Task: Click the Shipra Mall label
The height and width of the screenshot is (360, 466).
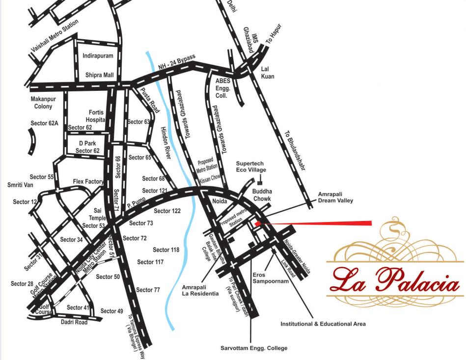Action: (x=99, y=75)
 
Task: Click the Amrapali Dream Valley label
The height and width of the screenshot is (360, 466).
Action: (x=335, y=197)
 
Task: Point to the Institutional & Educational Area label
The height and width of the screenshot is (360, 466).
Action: (x=323, y=324)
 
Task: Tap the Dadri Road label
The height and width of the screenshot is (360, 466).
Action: (x=74, y=322)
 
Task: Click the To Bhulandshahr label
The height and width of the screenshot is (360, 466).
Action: (x=295, y=150)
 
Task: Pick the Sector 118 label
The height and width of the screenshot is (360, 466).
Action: (x=165, y=250)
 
